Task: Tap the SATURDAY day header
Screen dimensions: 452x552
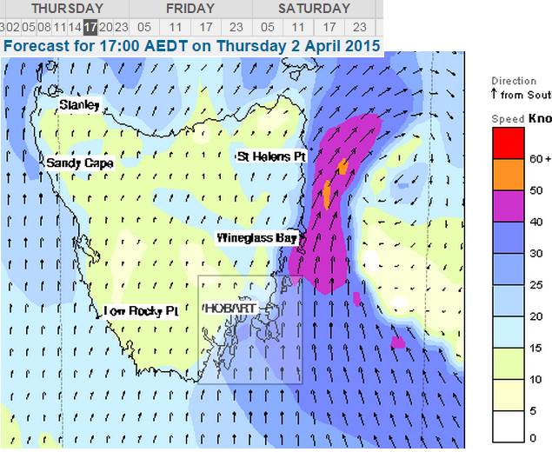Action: coord(314,9)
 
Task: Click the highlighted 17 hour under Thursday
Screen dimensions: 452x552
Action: coord(90,27)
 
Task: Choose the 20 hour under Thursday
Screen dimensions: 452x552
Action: coord(105,27)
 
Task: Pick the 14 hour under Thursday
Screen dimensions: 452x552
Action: coord(75,27)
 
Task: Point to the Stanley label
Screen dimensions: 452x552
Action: coord(79,105)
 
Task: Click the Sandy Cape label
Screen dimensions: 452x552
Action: coord(79,163)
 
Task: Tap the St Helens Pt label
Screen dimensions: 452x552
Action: coord(272,156)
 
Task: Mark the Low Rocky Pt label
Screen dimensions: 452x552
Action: coord(141,311)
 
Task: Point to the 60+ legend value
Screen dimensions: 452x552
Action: coord(541,159)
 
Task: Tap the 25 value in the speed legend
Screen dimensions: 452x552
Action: coord(536,285)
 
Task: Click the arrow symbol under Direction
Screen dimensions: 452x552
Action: coord(495,93)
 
